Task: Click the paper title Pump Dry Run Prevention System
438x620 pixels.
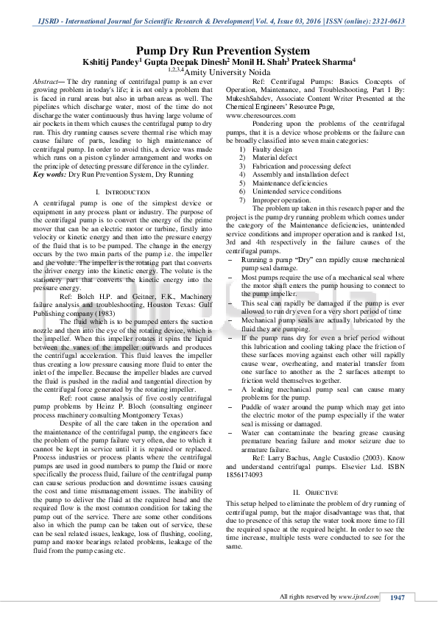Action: [x=219, y=51]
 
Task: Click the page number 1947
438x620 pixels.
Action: [x=398, y=596]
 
